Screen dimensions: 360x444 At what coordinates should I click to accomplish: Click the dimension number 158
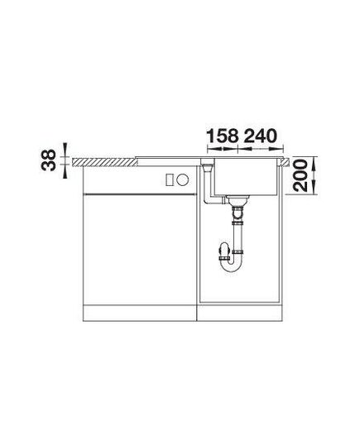tap(223, 136)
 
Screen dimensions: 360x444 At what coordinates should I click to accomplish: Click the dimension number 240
tap(260, 136)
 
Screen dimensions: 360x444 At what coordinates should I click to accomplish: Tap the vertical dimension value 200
tap(300, 175)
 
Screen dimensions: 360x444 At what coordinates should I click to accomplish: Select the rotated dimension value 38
tap(48, 160)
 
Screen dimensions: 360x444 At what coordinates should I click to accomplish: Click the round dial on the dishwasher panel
tap(183, 179)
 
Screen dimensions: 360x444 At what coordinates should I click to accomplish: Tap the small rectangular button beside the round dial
tap(170, 179)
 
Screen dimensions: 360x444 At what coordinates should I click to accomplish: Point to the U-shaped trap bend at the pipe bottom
tap(232, 265)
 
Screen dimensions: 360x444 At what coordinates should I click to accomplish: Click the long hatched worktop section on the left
tap(105, 162)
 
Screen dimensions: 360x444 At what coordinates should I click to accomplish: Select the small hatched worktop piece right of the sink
tap(285, 162)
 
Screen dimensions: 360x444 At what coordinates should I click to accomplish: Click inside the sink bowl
tap(246, 176)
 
